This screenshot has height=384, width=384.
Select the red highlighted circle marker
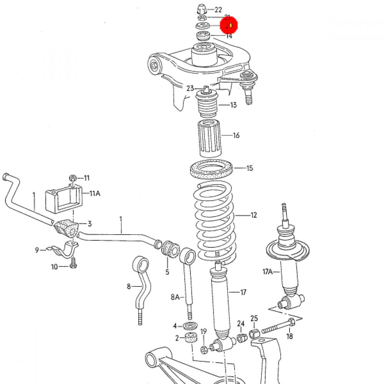pyautogui.click(x=229, y=26)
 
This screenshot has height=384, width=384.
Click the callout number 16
pyautogui.click(x=236, y=135)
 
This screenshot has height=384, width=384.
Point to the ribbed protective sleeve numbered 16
pyautogui.click(x=210, y=138)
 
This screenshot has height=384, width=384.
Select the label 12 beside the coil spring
pyautogui.click(x=253, y=215)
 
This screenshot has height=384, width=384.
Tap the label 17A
pyautogui.click(x=267, y=272)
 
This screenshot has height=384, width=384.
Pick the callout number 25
pyautogui.click(x=254, y=318)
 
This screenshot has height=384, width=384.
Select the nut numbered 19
pyautogui.click(x=204, y=349)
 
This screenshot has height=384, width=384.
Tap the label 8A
pyautogui.click(x=175, y=297)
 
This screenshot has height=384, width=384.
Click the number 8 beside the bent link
pyautogui.click(x=129, y=286)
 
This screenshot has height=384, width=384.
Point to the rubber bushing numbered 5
pyautogui.click(x=169, y=249)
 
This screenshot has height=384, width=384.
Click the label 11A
pyautogui.click(x=94, y=194)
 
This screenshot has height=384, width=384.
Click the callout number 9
pyautogui.click(x=37, y=250)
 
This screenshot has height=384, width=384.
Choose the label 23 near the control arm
pyautogui.click(x=190, y=88)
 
